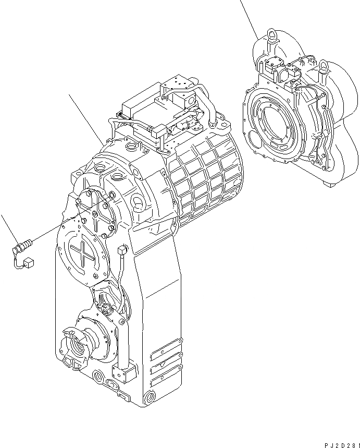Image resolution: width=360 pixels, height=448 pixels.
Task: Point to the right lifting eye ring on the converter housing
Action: [x=324, y=66]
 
